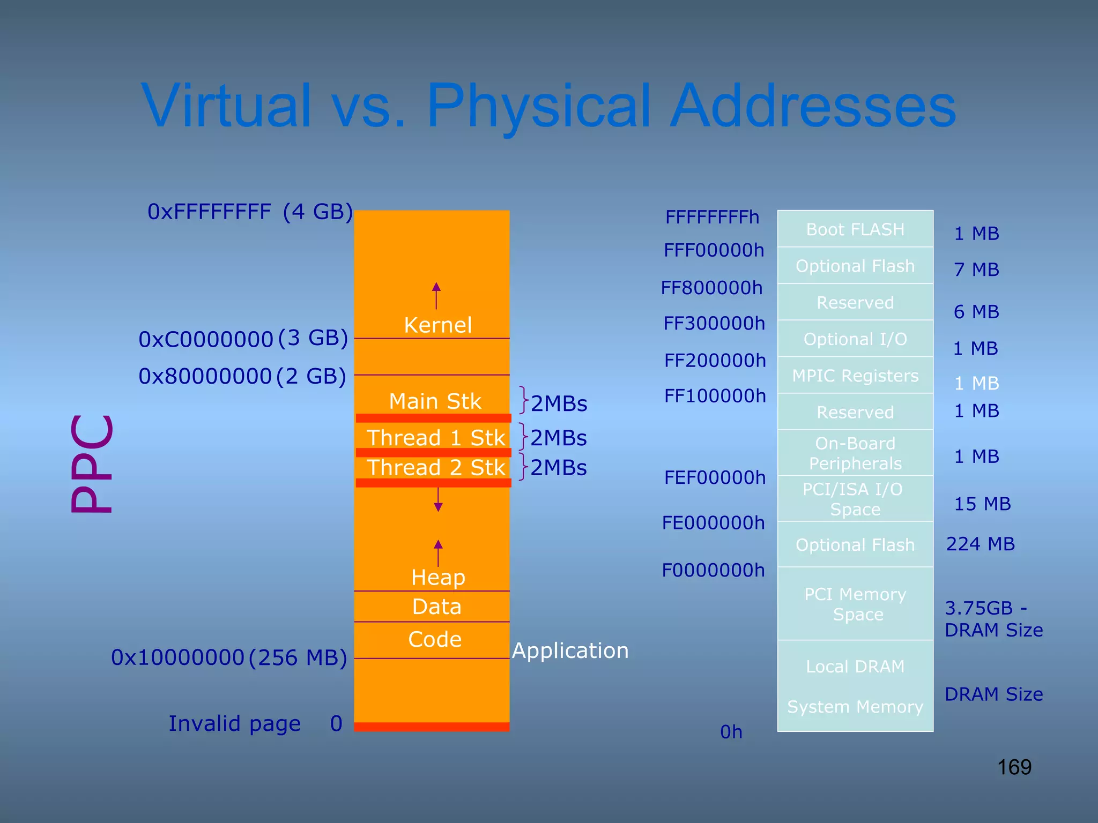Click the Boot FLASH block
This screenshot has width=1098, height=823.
[x=855, y=229]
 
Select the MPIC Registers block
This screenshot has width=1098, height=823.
[x=855, y=376]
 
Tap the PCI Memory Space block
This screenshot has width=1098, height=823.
[x=855, y=604]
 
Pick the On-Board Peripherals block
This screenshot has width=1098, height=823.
[x=855, y=453]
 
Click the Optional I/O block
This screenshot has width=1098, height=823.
[x=855, y=339]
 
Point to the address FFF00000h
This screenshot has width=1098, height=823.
[x=714, y=250]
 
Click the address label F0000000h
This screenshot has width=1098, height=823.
[x=713, y=570]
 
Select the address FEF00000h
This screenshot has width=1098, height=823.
[x=715, y=477]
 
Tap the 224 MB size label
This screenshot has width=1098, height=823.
[x=981, y=544]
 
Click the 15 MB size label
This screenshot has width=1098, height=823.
[x=982, y=504]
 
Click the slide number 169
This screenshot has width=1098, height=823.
[x=1014, y=767]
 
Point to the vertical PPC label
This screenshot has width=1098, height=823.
[x=92, y=464]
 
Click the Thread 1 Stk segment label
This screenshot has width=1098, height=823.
[x=435, y=438]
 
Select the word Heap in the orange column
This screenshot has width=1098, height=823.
[x=438, y=577]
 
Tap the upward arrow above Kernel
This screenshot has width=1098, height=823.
[x=436, y=295]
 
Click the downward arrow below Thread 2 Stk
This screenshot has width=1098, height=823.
[x=438, y=499]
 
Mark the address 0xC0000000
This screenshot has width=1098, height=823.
[x=206, y=339]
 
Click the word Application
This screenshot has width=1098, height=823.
[x=570, y=650]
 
